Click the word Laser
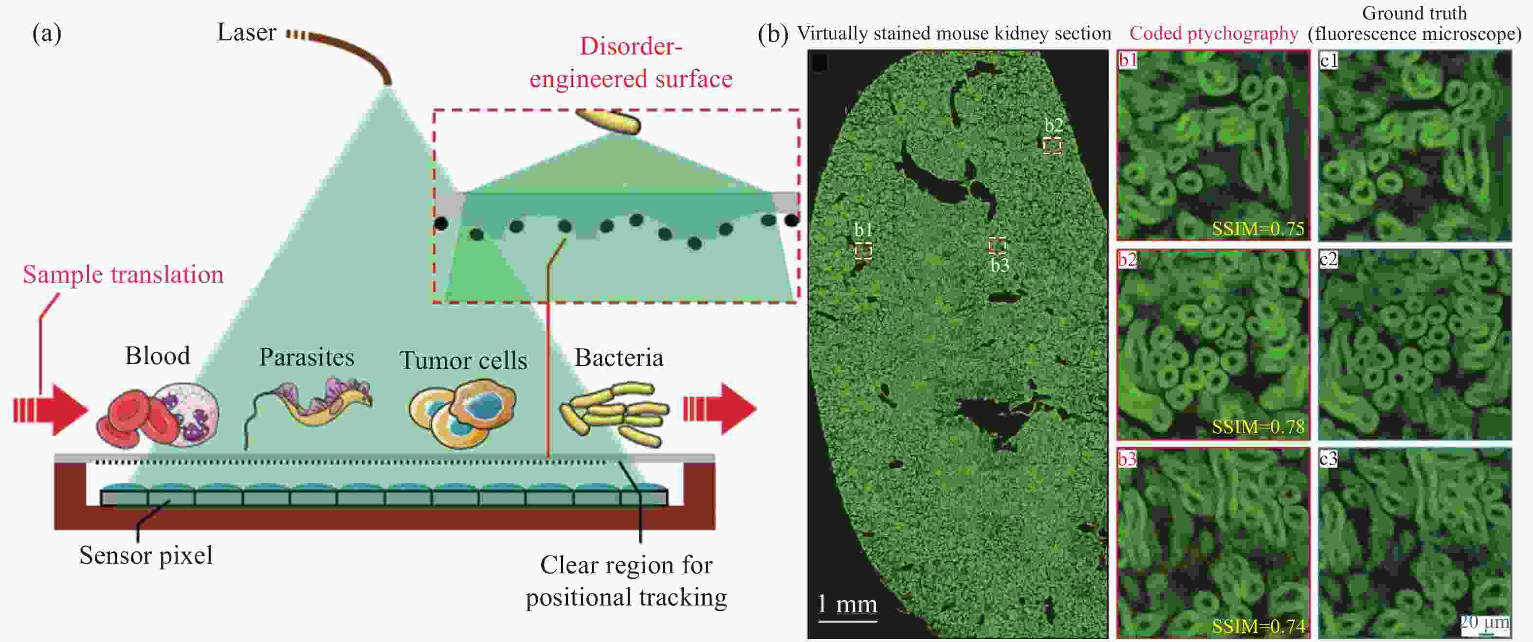pyautogui.click(x=246, y=32)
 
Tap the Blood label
pyautogui.click(x=158, y=356)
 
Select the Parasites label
pyautogui.click(x=307, y=357)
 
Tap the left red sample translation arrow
pyautogui.click(x=51, y=409)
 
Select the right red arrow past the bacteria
pyautogui.click(x=720, y=409)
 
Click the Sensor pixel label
pyautogui.click(x=146, y=555)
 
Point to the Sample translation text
pyautogui.click(x=123, y=275)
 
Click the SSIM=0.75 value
pyautogui.click(x=1258, y=228)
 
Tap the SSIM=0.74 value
pyautogui.click(x=1258, y=626)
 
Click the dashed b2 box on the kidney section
pyautogui.click(x=1052, y=146)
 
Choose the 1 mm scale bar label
pyautogui.click(x=847, y=604)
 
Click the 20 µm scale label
pyautogui.click(x=1485, y=623)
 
